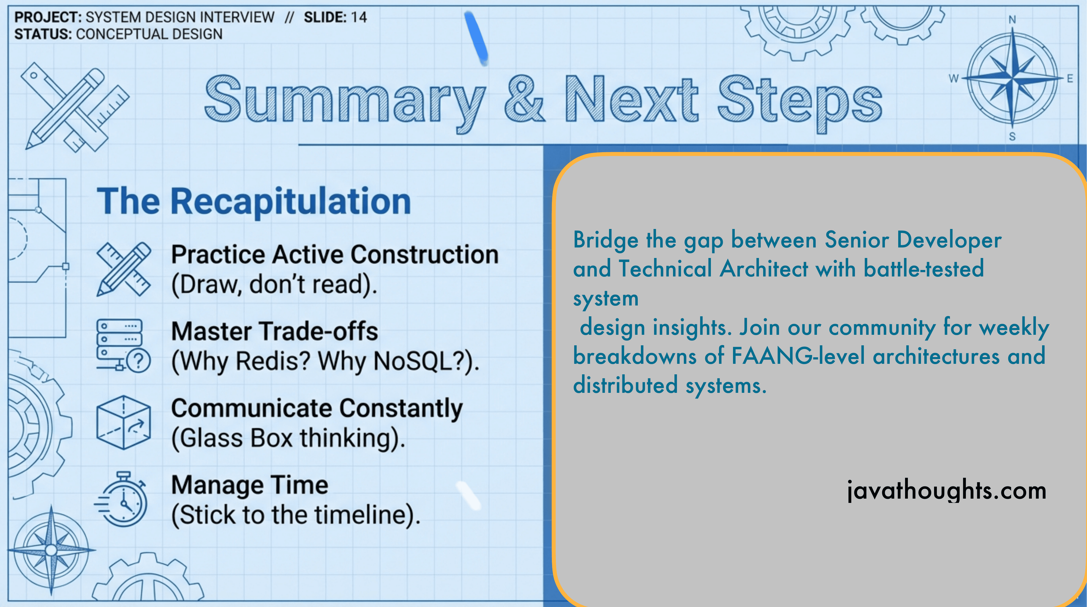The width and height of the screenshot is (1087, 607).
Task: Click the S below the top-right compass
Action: [x=1012, y=136]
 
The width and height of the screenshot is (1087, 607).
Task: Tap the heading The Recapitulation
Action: [x=254, y=201]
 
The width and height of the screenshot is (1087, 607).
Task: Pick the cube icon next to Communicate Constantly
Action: [x=123, y=422]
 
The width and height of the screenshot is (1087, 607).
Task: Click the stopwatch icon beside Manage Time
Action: [x=122, y=499]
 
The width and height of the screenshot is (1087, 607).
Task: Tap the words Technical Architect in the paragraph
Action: [x=713, y=269]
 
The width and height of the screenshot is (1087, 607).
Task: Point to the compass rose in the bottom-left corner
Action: [x=51, y=550]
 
